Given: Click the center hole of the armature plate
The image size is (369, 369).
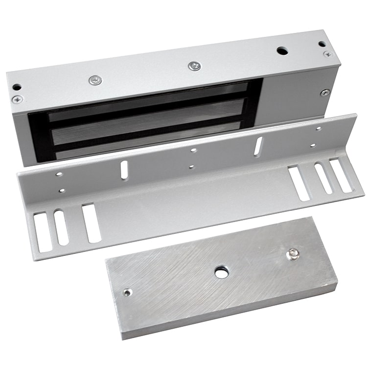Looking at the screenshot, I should [221, 272].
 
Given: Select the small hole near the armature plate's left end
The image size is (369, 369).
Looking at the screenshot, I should [128, 293].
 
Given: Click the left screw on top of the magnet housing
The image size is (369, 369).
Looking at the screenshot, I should [95, 80].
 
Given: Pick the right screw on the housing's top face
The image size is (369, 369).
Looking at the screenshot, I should [194, 65].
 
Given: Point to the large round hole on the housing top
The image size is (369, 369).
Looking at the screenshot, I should [282, 50].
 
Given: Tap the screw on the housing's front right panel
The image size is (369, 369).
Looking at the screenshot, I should [325, 92].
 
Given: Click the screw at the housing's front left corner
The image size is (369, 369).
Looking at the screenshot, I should [17, 99].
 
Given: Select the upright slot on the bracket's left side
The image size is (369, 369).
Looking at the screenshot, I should [124, 169].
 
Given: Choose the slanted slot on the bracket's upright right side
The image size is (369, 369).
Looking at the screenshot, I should [258, 146].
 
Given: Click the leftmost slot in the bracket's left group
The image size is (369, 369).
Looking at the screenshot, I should [43, 232].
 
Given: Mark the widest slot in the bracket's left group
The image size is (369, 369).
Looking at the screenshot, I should [92, 223].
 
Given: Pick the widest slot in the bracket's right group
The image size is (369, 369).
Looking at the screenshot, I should [299, 183].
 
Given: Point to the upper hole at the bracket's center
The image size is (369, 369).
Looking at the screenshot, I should [194, 150].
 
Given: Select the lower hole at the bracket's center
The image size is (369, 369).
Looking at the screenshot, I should [191, 166].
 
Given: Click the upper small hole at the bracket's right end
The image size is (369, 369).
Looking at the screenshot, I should [319, 129].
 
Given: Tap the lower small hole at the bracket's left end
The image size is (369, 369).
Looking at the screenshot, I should [62, 190].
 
